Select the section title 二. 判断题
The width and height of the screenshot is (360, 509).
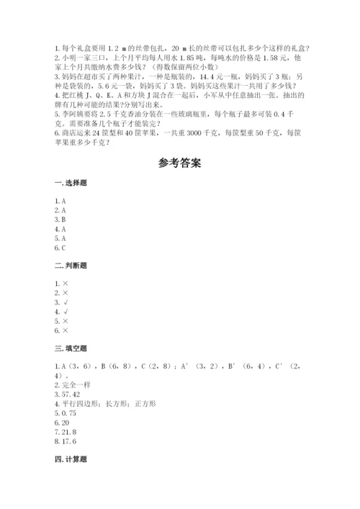pyautogui.click(x=70, y=265)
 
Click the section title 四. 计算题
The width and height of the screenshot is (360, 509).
pyautogui.click(x=70, y=456)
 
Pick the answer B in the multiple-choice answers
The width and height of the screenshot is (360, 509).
pyautogui.click(x=64, y=220)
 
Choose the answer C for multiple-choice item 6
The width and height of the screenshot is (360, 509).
pyautogui.click(x=64, y=248)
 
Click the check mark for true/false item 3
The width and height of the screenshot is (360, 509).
pyautogui.click(x=65, y=303)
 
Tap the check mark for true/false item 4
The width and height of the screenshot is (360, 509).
pyautogui.click(x=65, y=312)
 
